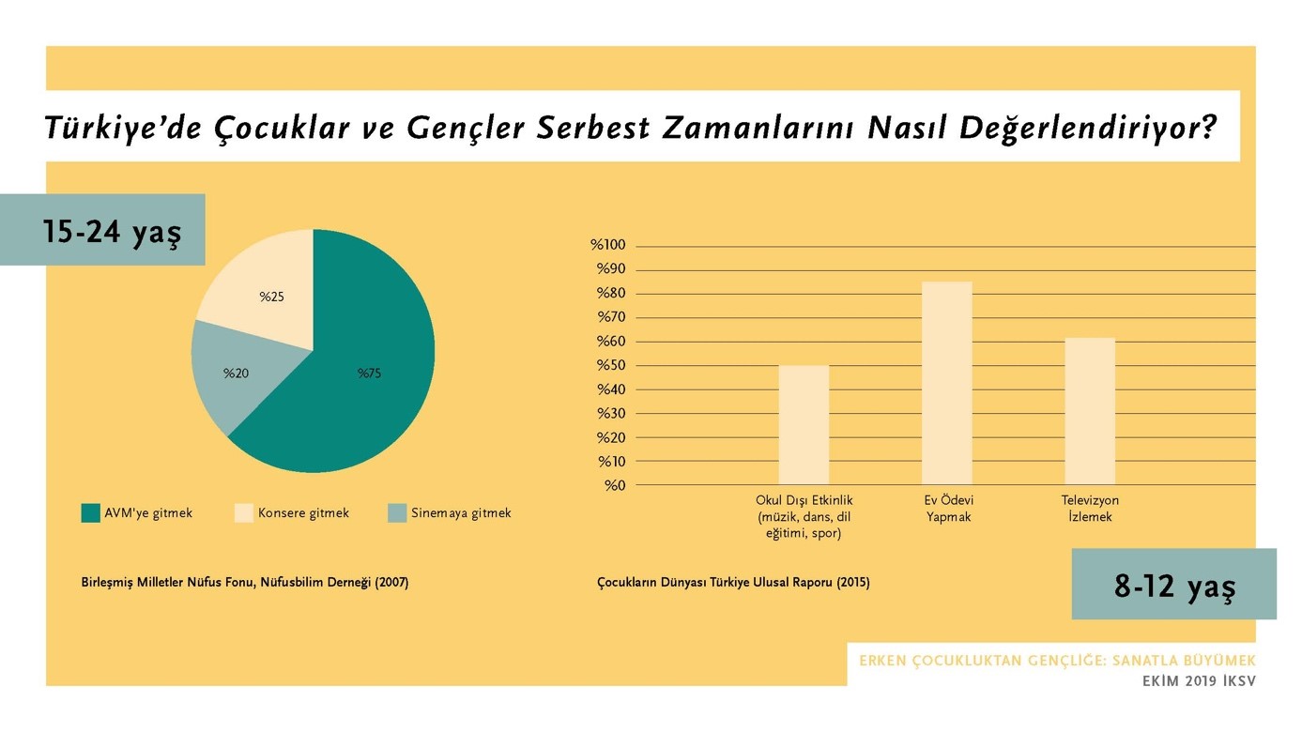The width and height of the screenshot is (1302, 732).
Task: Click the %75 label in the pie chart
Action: point(369,374)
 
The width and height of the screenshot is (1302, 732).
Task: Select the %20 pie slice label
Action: point(236,374)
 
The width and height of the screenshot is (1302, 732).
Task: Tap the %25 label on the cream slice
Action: point(271,297)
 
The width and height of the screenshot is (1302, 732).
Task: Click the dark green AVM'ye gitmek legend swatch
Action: point(90,513)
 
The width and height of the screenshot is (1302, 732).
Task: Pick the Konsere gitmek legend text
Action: point(303,513)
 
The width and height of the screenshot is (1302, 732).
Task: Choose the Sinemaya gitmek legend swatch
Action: point(396,513)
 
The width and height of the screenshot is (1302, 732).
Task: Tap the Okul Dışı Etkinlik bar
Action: point(804,424)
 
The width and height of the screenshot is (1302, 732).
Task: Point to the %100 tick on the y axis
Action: point(607,246)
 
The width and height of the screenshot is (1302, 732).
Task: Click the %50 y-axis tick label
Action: point(611,366)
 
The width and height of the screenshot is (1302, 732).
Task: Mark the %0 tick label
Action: point(615,485)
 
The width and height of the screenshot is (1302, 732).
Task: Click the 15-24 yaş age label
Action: point(111,231)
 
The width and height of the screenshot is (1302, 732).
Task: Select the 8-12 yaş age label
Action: point(1174,586)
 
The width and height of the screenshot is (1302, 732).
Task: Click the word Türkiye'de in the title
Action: point(123,128)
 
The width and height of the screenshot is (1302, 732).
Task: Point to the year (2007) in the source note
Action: point(391,583)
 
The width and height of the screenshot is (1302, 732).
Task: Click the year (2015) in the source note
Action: point(852,583)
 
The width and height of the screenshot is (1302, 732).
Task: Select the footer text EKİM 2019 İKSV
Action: point(1199,681)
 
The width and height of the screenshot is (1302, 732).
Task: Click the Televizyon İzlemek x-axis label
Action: point(1090,509)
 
